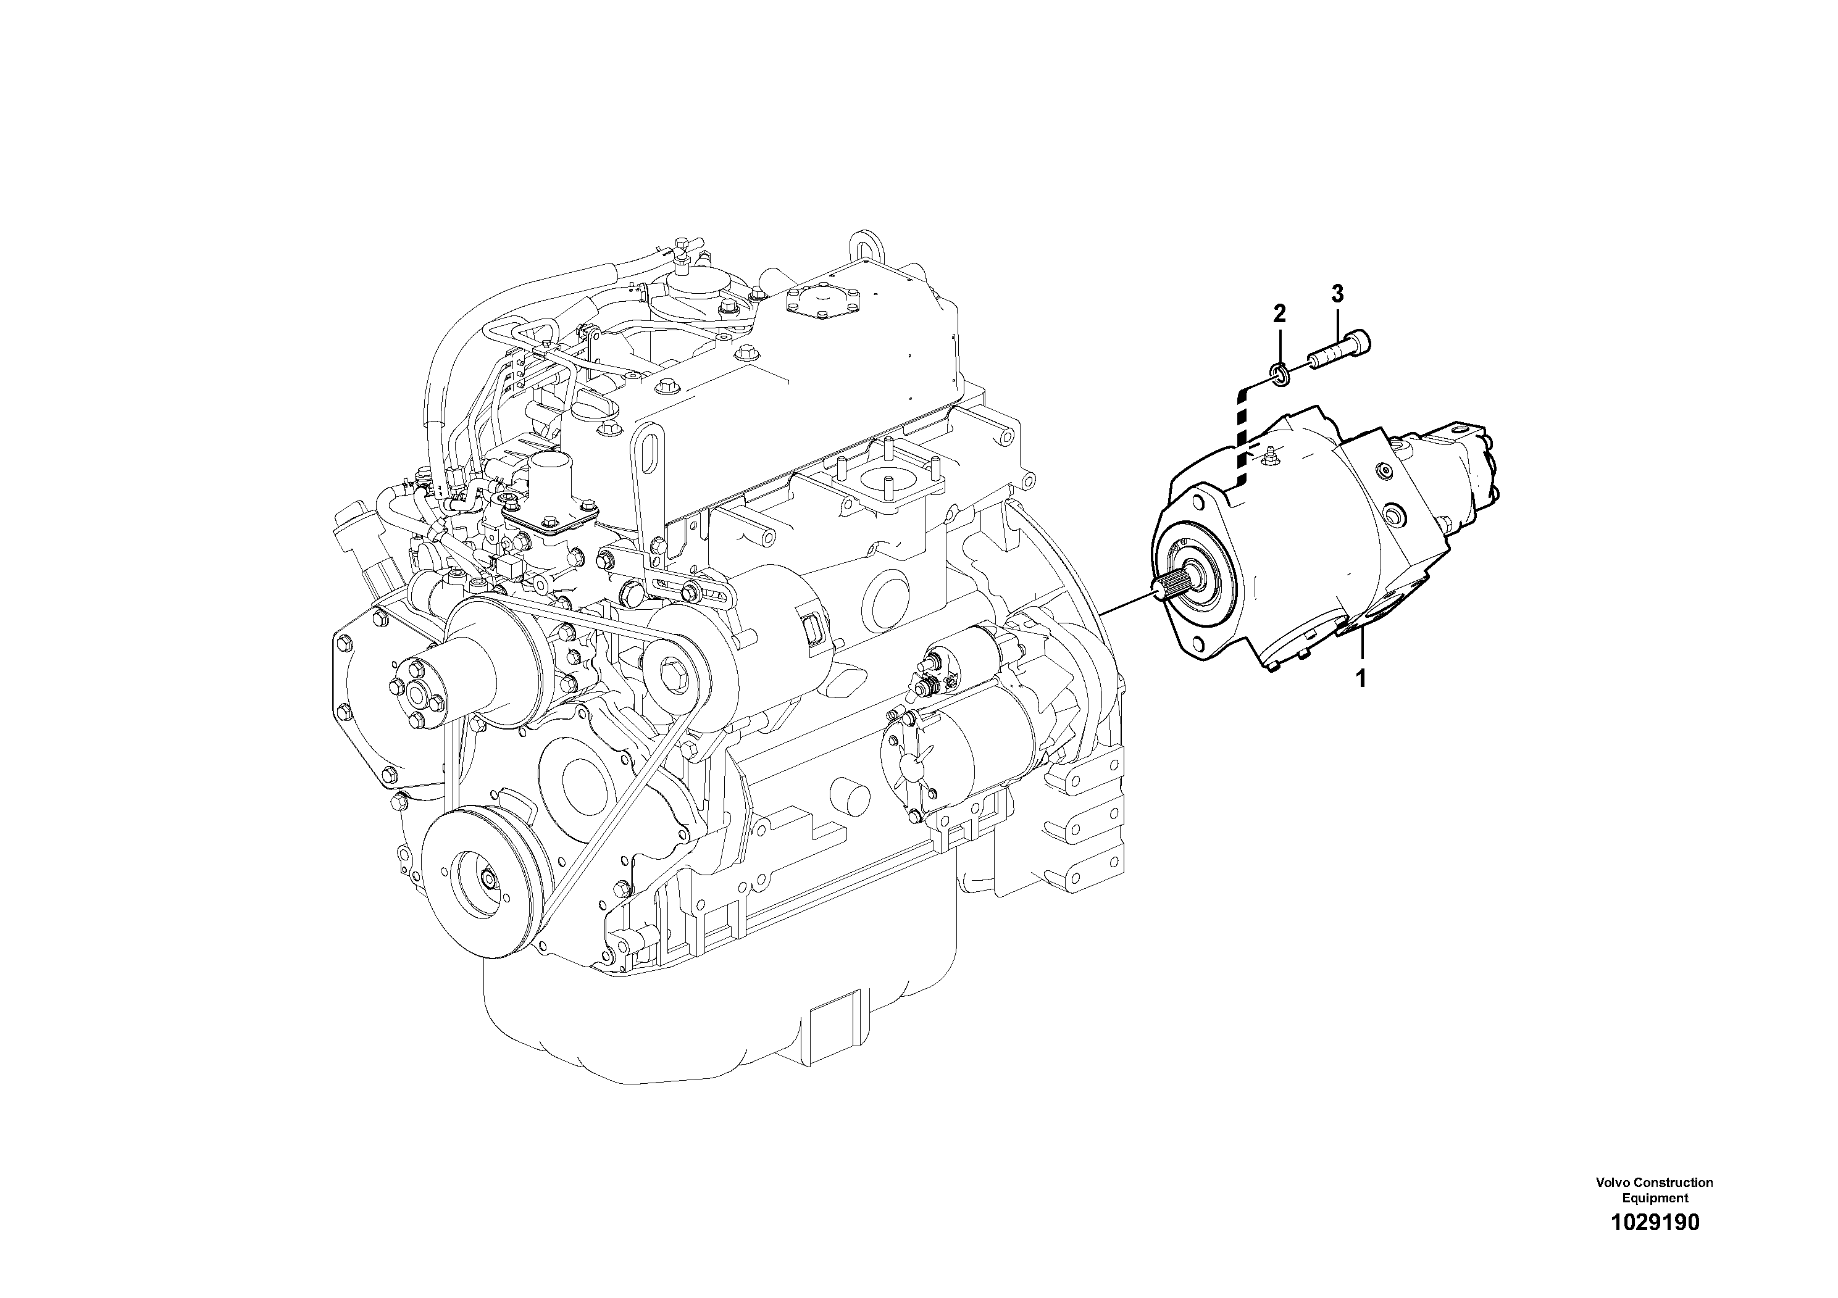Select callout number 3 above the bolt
pos(1337,294)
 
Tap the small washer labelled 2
pos(1280,373)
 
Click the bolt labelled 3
pos(1340,351)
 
